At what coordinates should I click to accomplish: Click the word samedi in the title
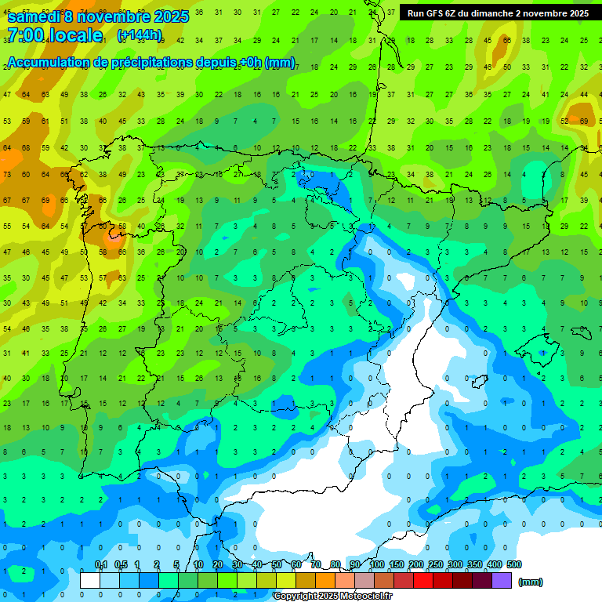33,16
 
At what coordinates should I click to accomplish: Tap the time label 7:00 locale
54,35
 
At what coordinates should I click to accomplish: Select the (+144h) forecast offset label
140,35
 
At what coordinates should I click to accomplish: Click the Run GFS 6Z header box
499,13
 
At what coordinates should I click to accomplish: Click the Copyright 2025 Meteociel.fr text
332,597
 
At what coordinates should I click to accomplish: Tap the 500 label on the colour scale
513,565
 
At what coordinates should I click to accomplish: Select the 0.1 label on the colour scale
100,565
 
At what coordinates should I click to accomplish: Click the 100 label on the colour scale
377,565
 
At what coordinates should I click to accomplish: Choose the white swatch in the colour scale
90,581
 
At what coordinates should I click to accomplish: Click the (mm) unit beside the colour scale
531,582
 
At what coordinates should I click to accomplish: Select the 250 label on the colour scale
436,565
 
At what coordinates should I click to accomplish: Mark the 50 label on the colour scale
276,565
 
